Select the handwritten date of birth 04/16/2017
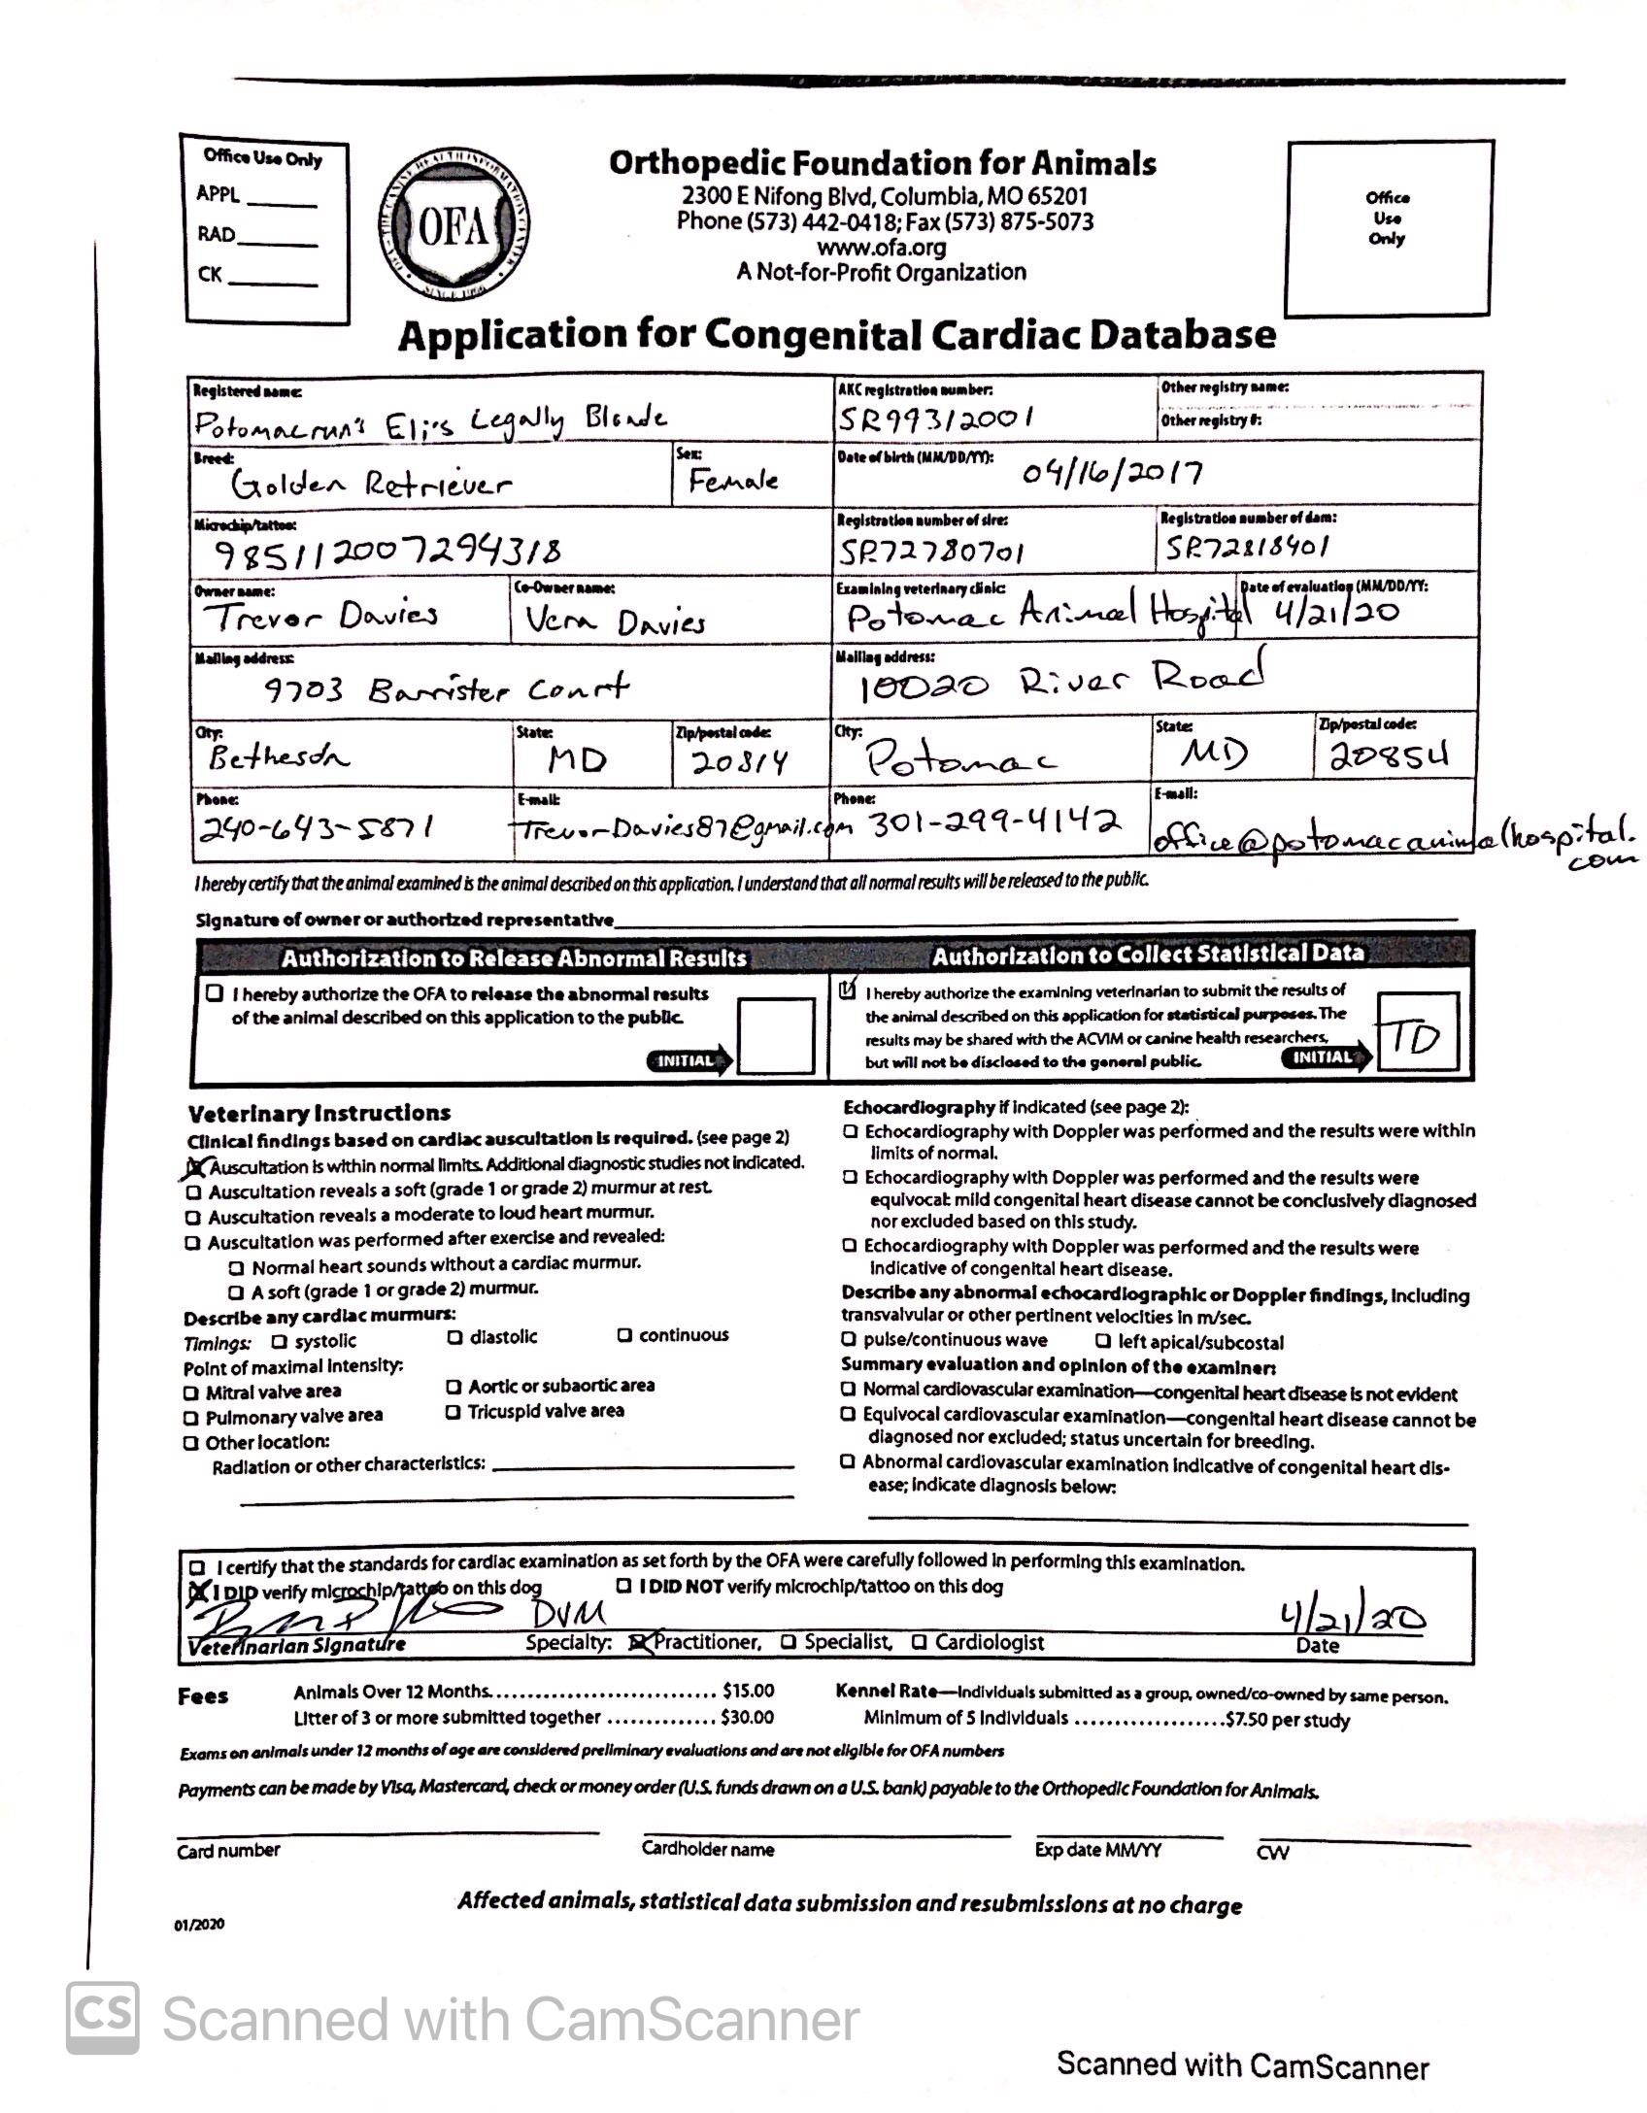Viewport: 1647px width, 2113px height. point(1111,473)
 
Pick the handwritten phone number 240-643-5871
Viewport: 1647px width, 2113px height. point(316,828)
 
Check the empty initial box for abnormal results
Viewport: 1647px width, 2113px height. point(776,1035)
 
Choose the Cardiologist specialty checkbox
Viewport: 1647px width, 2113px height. point(919,1642)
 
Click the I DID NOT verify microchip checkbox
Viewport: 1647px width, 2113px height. point(626,1587)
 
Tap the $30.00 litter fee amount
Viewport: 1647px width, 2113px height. point(747,1718)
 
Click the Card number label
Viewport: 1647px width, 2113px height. point(228,1851)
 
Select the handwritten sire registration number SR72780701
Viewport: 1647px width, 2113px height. point(931,553)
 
